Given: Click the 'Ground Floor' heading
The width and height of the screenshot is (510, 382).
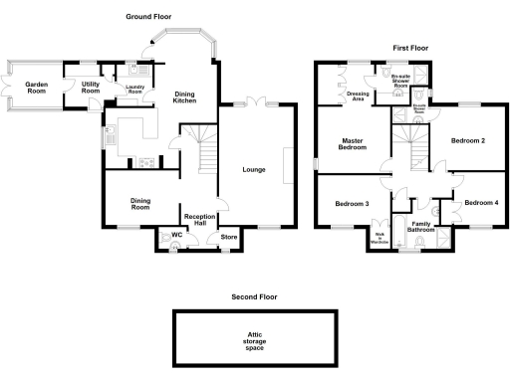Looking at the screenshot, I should coord(147,17).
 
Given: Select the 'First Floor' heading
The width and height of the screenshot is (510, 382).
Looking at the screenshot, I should coord(409,48).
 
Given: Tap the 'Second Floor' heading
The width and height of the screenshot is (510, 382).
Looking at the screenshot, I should coord(253,296).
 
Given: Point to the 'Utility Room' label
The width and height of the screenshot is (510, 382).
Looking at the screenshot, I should coord(91,88).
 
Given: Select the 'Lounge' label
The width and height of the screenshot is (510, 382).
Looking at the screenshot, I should coord(254,169).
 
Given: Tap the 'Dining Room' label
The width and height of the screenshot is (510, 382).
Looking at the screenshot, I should coord(140,203).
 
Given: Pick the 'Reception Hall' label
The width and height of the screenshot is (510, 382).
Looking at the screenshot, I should coord(195,219).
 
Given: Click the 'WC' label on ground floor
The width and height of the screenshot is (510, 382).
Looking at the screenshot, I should coord(176,235).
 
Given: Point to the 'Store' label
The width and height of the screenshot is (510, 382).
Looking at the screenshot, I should coord(229,237).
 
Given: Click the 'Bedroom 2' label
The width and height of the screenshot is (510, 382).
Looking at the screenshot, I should coord(467,140).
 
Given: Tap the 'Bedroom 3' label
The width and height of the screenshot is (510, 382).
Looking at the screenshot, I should coord(352,204).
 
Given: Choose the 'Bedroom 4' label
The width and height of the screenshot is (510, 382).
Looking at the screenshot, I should coord(481,203).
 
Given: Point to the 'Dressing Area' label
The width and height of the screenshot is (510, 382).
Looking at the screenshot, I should coord(359,95).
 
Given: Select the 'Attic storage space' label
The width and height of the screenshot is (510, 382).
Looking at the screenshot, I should coord(253,340).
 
